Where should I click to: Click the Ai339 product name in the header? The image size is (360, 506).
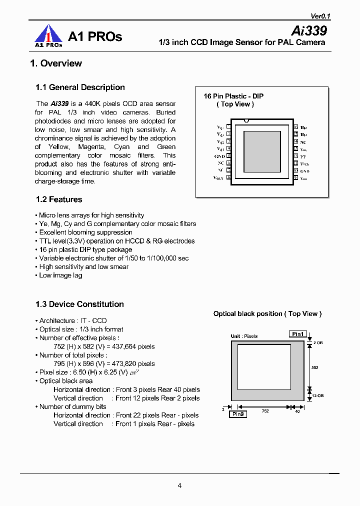tap(309, 30)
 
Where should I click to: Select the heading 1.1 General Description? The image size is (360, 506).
tap(80, 87)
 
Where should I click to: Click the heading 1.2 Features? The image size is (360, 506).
tap(58, 199)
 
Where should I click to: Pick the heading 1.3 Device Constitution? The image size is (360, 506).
tap(79, 304)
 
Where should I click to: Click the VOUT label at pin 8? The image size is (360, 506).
tap(219, 177)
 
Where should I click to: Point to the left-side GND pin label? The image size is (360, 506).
tap(219, 156)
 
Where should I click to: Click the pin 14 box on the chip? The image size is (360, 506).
tap(295, 141)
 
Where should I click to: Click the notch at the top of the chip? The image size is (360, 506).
tap(245, 120)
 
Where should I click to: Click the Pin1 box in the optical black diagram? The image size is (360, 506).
tap(298, 333)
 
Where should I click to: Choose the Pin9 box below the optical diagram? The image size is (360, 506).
tap(238, 414)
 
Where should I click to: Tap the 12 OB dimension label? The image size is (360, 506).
tap(317, 395)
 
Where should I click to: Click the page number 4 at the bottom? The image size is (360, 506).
tap(179, 485)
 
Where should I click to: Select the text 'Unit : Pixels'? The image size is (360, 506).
tap(244, 336)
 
